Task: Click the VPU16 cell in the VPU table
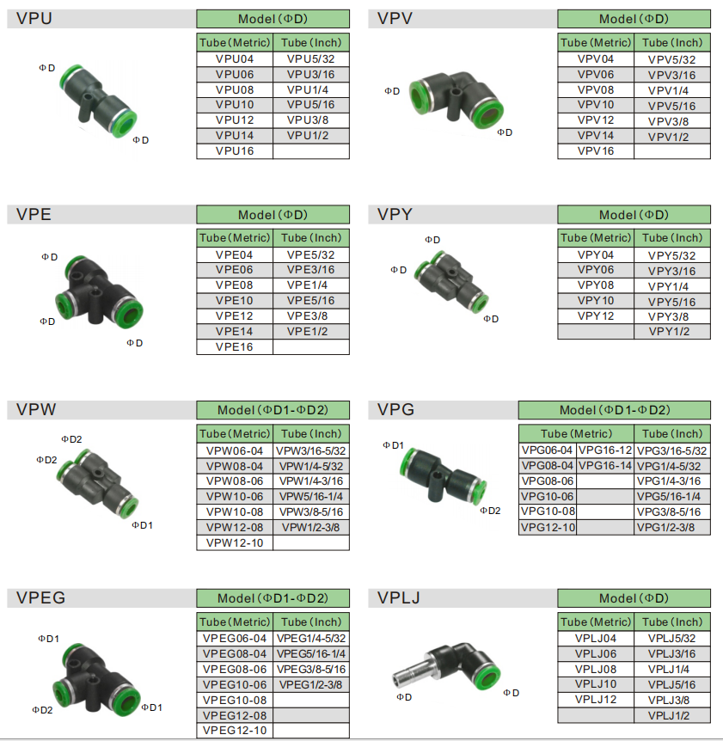235,151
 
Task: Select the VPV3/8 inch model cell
672,121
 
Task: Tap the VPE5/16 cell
311,301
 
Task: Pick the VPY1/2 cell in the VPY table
672,331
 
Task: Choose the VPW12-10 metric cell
235,543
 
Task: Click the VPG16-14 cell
605,466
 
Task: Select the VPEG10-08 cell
235,701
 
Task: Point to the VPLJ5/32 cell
672,639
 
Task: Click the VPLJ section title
398,597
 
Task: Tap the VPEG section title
40,597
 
